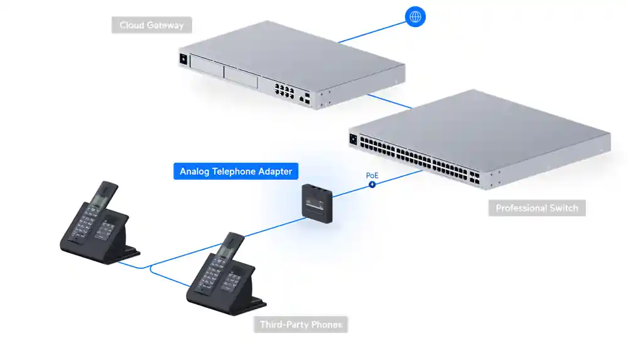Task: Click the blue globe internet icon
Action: tap(415, 17)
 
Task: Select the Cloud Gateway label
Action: tap(151, 26)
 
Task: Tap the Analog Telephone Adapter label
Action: tap(235, 172)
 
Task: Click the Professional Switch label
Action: tap(537, 208)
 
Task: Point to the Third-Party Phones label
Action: tap(301, 325)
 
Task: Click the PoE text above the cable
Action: tap(372, 175)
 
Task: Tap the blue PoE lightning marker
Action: tap(372, 185)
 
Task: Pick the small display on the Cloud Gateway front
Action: tap(184, 58)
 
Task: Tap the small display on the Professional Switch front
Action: tap(353, 139)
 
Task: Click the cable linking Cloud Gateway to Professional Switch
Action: tap(390, 102)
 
